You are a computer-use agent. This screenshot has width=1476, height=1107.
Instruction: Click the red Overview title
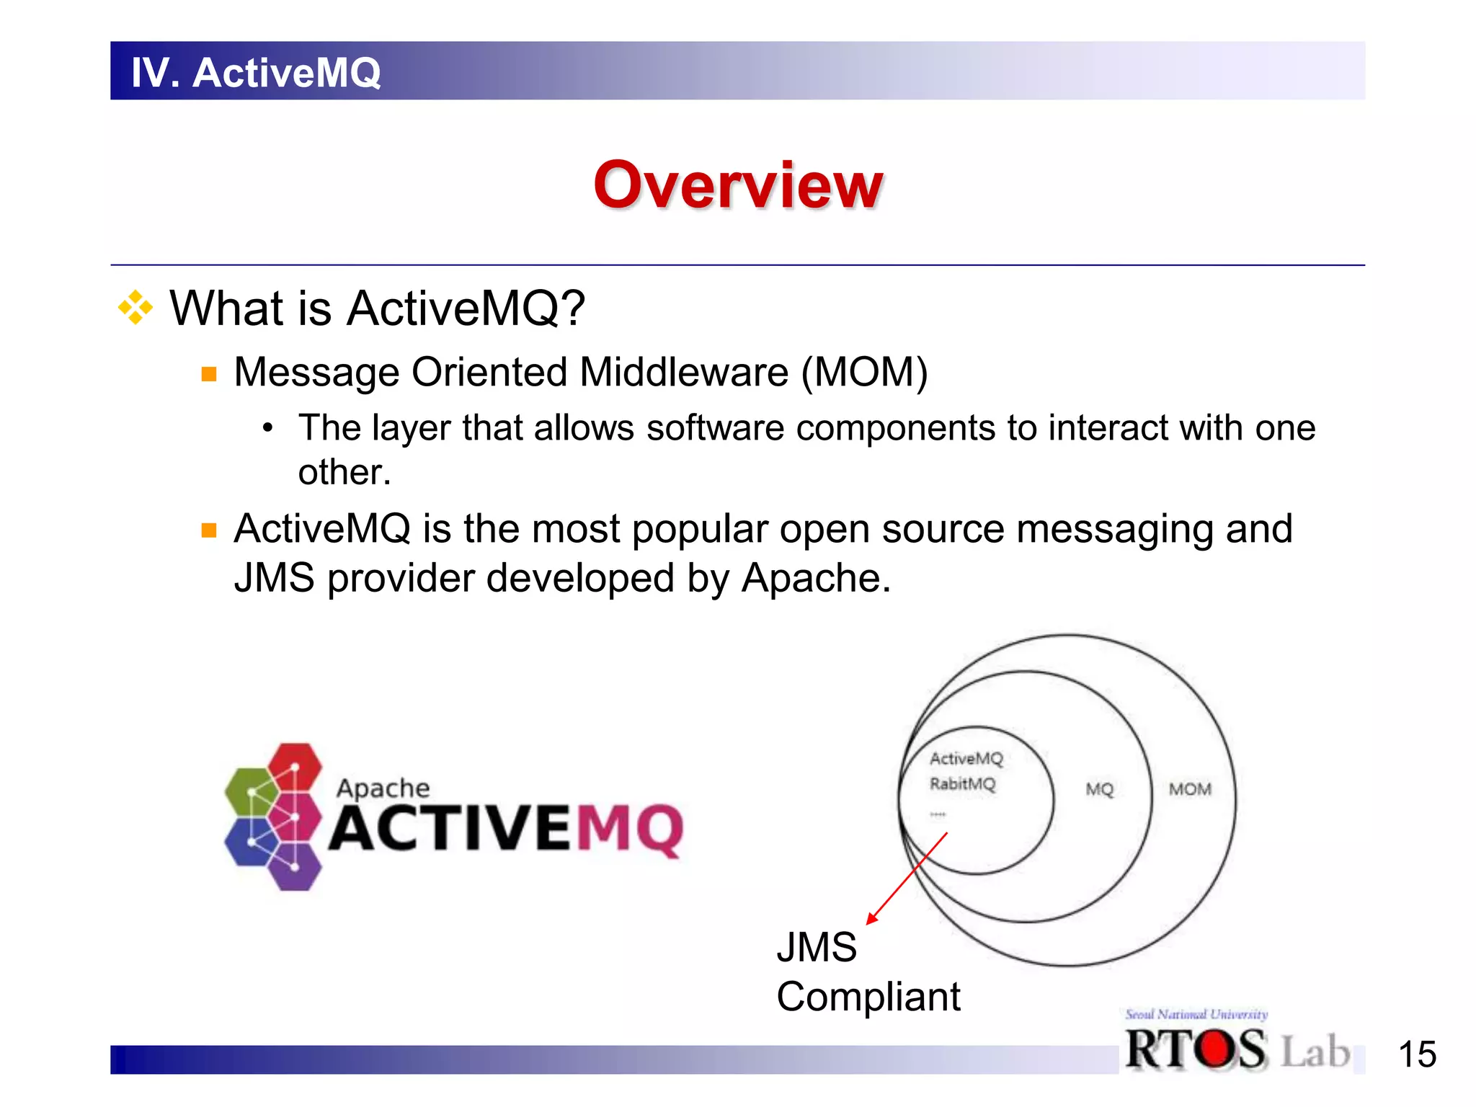coord(738,186)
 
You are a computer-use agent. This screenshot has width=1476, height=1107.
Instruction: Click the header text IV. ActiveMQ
coord(255,73)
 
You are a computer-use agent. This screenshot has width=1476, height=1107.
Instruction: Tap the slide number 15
coord(1417,1054)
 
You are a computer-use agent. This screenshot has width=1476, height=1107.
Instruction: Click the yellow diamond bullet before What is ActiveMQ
coord(135,308)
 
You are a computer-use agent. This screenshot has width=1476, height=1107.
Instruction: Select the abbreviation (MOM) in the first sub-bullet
coord(864,373)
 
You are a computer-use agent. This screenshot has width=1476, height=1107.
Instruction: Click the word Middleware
coord(684,373)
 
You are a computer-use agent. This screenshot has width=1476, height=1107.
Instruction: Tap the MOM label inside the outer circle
coord(1190,789)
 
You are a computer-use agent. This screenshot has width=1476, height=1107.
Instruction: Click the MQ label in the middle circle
coord(1100,790)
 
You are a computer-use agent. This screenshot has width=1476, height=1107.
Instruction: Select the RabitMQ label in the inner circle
coord(962,784)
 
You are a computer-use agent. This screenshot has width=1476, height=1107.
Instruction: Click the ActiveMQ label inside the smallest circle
coord(966,759)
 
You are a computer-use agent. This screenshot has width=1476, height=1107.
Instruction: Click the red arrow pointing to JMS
coord(907,879)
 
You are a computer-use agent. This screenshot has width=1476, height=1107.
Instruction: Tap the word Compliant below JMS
coord(868,997)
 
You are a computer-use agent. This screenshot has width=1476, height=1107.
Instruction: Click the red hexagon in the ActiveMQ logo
coord(295,765)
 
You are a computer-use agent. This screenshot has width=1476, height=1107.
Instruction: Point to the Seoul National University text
coord(1196,1014)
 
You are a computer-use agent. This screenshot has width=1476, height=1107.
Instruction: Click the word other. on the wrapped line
coord(344,473)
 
